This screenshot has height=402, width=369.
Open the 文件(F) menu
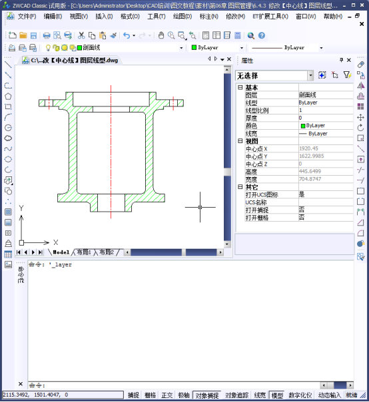point(27,16)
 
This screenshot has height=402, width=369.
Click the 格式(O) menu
point(129,16)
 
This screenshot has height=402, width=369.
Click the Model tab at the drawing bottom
point(61,252)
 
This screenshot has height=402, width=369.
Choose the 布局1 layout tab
point(83,252)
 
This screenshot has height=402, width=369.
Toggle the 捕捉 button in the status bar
point(133,395)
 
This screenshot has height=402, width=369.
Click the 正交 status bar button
point(167,395)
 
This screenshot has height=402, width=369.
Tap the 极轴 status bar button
point(183,395)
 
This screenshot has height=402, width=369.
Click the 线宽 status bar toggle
point(260,395)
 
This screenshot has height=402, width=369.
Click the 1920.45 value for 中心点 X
point(308,148)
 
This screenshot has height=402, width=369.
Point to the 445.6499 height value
point(310,171)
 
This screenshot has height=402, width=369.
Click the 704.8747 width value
point(310,179)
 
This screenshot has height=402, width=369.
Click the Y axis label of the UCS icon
point(21,208)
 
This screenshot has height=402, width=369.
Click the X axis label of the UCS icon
point(55,242)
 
